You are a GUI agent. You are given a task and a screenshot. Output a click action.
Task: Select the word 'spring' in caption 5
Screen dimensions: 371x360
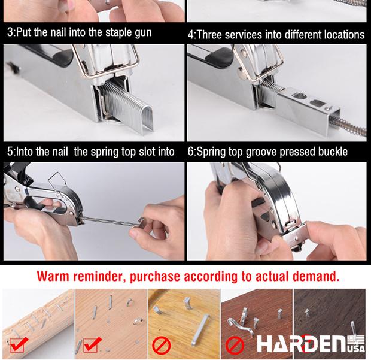[105, 152]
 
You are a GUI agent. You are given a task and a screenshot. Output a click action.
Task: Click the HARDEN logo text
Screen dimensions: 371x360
[302, 343]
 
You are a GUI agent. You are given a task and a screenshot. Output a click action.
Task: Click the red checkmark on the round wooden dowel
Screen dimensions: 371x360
[18, 345]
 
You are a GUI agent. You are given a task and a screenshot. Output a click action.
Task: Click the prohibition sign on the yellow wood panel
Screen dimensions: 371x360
[162, 345]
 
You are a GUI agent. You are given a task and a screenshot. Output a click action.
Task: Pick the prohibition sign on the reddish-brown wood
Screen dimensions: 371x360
[235, 345]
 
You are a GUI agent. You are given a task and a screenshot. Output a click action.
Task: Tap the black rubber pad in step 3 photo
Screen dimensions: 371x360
[62, 56]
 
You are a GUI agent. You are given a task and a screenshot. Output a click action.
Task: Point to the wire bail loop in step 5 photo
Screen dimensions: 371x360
[58, 182]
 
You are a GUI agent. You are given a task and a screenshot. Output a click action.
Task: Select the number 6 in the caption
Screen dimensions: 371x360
[191, 152]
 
